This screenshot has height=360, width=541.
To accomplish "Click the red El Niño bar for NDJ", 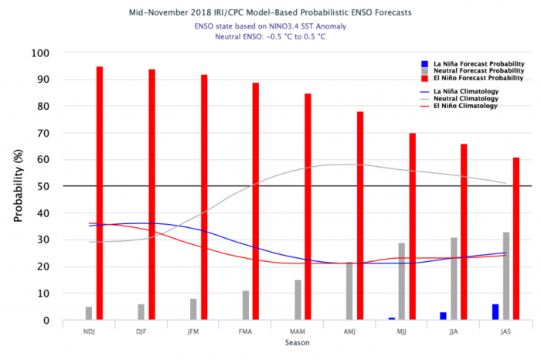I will tap(100, 193).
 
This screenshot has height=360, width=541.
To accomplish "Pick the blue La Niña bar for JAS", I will tap(495, 312).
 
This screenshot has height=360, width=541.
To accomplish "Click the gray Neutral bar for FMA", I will tap(246, 305).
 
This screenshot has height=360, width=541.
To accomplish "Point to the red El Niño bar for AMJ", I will tap(360, 216).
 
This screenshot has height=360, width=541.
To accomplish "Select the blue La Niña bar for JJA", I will tap(443, 316).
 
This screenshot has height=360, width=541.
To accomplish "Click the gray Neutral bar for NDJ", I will tap(89, 314).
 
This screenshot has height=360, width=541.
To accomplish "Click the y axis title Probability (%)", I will tap(18, 186).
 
